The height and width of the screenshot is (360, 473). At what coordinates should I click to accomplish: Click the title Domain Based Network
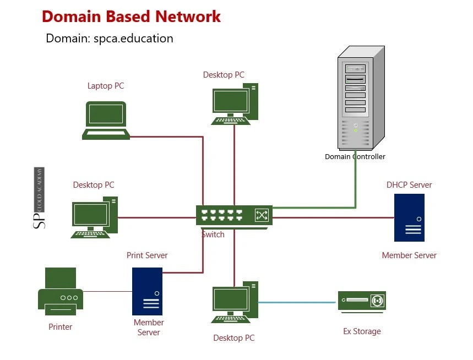coord(131,17)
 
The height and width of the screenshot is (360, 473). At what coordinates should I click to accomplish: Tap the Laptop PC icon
coord(106,121)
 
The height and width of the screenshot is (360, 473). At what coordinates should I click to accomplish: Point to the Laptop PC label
coord(106,86)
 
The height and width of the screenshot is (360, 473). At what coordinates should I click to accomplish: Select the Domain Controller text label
coord(355,157)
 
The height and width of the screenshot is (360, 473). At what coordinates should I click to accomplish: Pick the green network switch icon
coord(234,216)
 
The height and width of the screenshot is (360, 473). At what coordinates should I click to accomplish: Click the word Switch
coord(213,234)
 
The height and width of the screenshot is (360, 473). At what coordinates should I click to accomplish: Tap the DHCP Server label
coord(409,185)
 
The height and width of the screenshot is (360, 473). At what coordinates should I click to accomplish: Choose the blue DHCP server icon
coord(409,217)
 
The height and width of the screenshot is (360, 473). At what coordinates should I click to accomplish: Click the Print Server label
coord(147,255)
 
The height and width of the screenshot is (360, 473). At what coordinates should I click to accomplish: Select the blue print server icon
coord(147,291)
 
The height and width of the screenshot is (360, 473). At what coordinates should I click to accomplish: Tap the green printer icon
coord(61,292)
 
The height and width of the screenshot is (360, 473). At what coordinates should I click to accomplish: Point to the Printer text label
coord(61,327)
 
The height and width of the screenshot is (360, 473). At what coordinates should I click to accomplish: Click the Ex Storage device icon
coord(362,302)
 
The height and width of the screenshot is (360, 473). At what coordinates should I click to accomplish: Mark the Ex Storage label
coord(362,331)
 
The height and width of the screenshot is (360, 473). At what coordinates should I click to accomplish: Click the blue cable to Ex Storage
coord(297,302)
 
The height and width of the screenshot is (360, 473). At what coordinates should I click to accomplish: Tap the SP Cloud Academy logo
coord(40,198)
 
